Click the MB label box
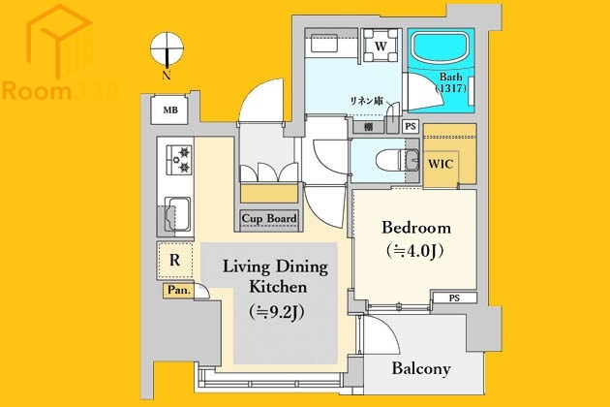click(170, 110)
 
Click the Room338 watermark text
click(60, 92)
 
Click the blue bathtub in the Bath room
click(441, 47)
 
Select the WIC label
click(442, 163)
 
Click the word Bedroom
click(416, 228)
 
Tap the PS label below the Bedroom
click(453, 297)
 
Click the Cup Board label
click(269, 219)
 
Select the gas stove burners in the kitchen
click(179, 158)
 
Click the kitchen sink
click(179, 211)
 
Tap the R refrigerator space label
click(174, 260)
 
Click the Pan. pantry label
click(178, 290)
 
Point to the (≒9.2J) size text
click(276, 311)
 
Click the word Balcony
click(421, 369)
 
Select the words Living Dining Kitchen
click(276, 276)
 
